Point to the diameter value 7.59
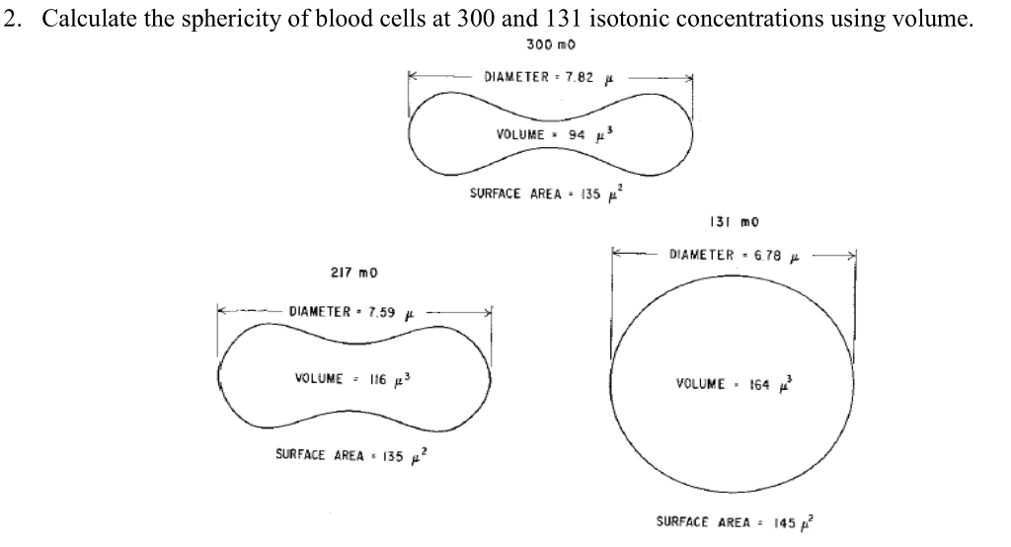pos(380,313)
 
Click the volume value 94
pos(571,134)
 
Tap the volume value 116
pos(379,378)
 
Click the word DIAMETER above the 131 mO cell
pos(702,255)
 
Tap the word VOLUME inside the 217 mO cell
pos(319,378)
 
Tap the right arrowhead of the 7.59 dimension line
pos(488,312)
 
